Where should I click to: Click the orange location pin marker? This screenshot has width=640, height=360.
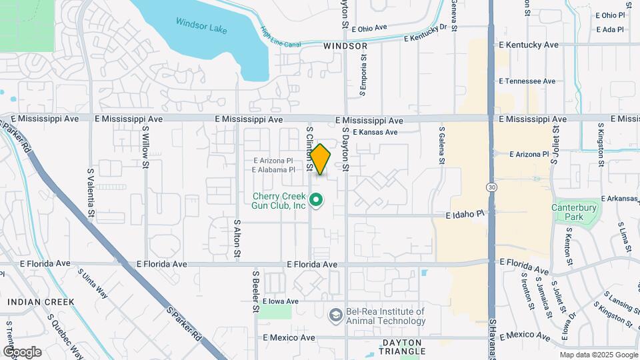pos(321,159)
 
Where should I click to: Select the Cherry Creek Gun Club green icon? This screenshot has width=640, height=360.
pos(317,199)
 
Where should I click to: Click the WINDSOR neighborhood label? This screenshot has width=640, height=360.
pos(345,46)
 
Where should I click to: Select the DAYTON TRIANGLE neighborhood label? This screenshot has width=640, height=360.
pos(402,346)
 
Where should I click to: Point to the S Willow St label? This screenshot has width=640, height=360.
pos(145,149)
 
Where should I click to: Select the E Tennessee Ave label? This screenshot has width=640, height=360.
pos(527,81)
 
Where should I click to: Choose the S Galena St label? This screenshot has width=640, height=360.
pos(441,145)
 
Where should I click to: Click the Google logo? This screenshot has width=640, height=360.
pos(22,352)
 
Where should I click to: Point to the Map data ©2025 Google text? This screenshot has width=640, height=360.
pos(598,355)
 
